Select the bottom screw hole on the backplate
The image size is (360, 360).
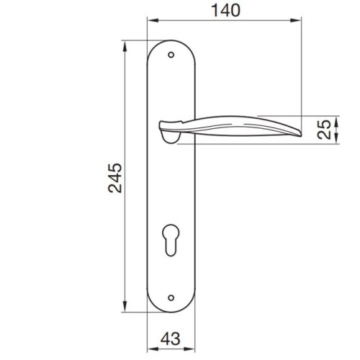pos(171,295)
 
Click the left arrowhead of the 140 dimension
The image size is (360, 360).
pos(150,20)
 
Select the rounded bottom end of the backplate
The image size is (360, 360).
pos(171,310)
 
